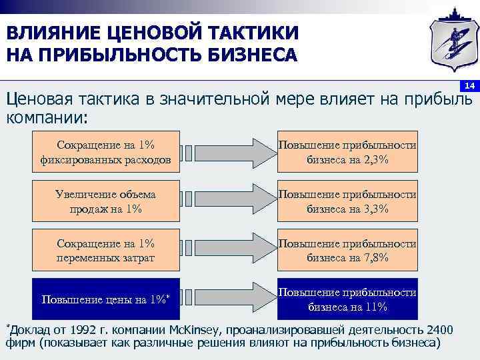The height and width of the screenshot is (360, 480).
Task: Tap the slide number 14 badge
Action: [x=469, y=87]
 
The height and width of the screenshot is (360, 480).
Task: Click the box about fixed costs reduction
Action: [x=106, y=152]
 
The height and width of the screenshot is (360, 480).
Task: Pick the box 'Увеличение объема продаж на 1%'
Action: [x=106, y=201]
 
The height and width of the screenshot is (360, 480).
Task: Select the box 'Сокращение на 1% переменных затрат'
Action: [x=106, y=250]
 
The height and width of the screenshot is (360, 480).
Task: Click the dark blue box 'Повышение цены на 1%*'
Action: [x=106, y=299]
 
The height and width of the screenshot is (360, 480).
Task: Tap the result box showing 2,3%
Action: [x=347, y=152]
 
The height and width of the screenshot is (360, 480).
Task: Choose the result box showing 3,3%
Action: [x=347, y=201]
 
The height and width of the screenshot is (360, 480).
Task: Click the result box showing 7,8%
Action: [x=347, y=250]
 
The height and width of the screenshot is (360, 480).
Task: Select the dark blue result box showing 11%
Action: [x=347, y=299]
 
